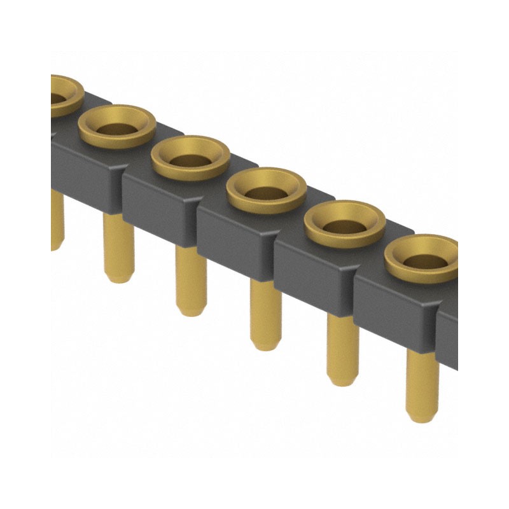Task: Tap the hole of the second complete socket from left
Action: [x=190, y=159]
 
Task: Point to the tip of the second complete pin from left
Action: [x=191, y=309]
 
